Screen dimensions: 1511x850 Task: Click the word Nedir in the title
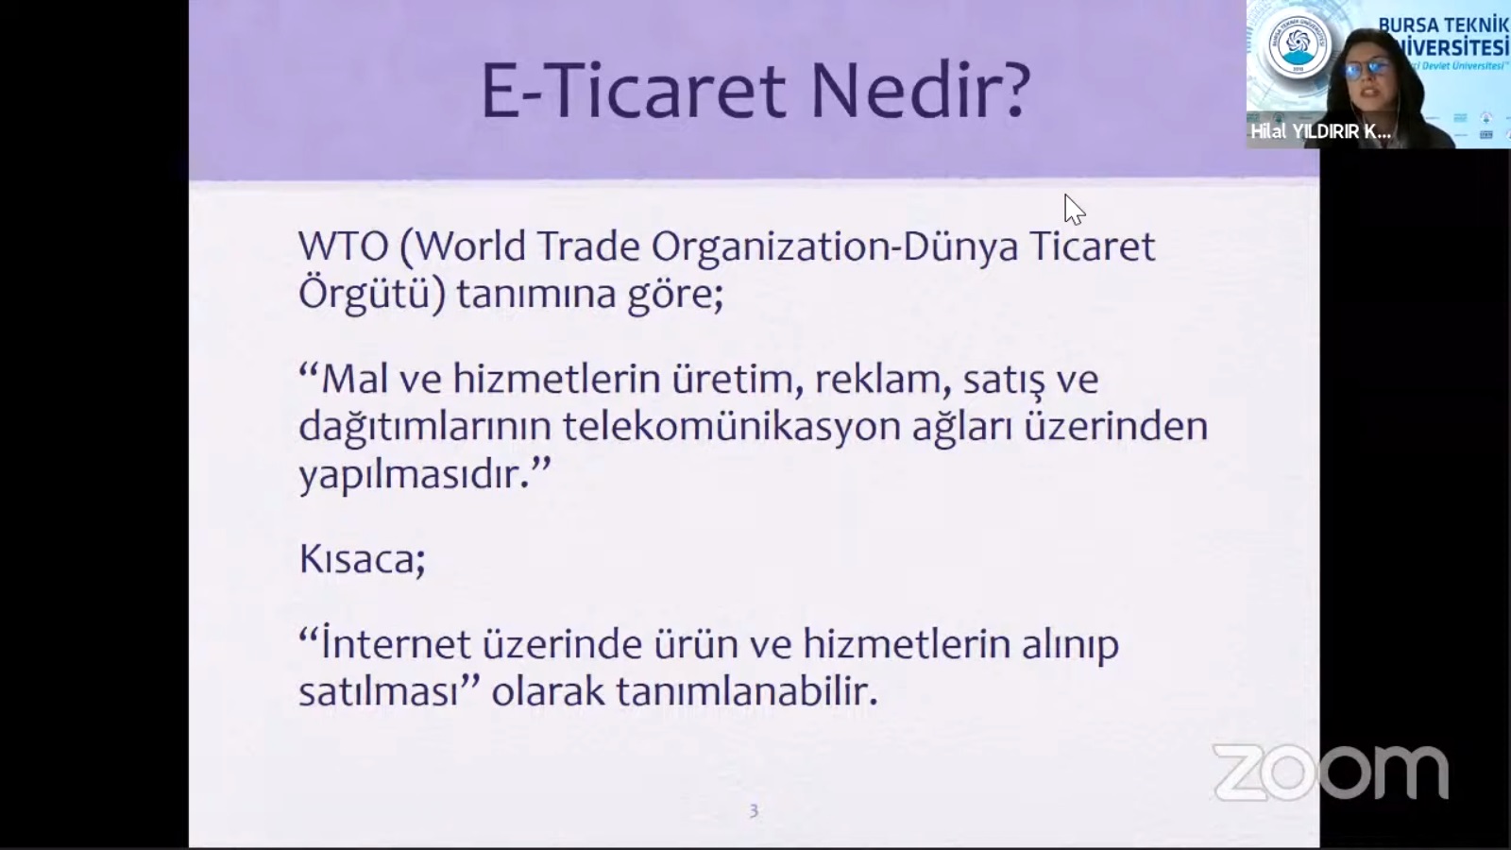pos(920,91)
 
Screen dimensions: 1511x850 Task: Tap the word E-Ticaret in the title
pos(634,91)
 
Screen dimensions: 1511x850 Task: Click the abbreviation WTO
pos(344,246)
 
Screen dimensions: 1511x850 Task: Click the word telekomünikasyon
pos(732,428)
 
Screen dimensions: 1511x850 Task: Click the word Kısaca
pos(362,559)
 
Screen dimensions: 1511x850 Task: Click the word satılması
pos(379,690)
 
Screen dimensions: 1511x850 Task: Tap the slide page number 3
pos(754,811)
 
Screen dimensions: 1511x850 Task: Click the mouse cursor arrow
pos(1074,209)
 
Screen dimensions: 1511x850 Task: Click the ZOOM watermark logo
pos(1331,772)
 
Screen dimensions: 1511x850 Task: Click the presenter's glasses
pos(1367,68)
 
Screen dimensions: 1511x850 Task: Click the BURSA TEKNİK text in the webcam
pos(1443,25)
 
